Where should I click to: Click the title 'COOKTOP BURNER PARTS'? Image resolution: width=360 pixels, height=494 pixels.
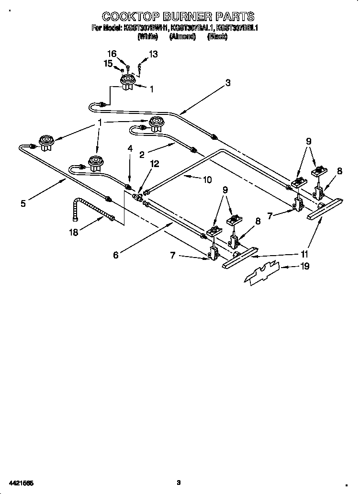(178, 17)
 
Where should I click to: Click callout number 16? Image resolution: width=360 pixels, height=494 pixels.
(112, 54)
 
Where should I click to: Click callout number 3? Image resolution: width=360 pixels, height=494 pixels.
(228, 83)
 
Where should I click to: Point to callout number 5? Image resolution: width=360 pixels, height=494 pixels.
(23, 203)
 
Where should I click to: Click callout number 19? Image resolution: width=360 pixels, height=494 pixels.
(305, 266)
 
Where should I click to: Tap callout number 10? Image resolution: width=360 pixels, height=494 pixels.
(207, 180)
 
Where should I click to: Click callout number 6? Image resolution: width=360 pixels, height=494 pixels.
(115, 255)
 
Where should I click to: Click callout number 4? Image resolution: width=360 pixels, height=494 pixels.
(129, 149)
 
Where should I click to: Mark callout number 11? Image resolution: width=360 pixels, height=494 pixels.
(304, 254)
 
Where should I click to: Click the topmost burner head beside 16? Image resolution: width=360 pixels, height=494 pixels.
(127, 82)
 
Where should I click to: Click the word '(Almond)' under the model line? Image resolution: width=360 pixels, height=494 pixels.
(182, 36)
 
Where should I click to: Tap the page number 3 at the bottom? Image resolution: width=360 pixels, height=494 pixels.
(178, 483)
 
